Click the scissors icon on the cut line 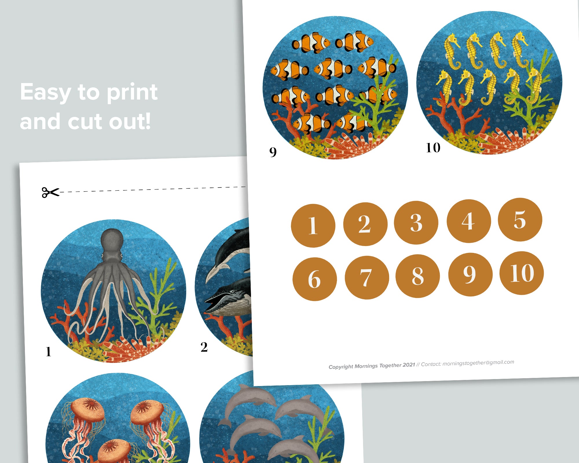50,192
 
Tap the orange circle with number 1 313,226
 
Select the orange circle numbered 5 520,220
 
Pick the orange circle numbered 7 367,278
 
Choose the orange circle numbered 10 522,273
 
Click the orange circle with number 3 416,223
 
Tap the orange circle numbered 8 417,276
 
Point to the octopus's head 112,240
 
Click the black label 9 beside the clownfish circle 273,152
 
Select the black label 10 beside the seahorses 433,148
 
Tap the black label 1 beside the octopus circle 48,352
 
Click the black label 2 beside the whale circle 204,347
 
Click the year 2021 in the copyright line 409,365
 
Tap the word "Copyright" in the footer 341,367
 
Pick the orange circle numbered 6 315,279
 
